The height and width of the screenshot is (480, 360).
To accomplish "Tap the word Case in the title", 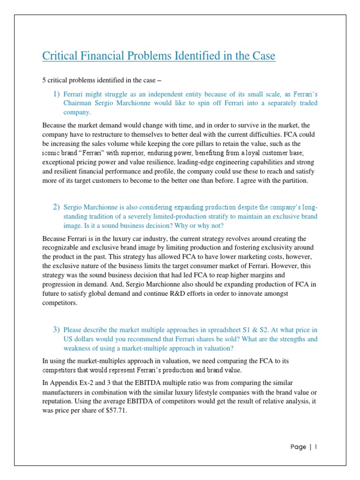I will [262, 56].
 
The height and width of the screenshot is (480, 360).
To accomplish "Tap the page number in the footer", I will [316, 447].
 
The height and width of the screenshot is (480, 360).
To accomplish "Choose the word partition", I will [292, 181].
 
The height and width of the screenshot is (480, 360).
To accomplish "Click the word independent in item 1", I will [154, 94].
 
